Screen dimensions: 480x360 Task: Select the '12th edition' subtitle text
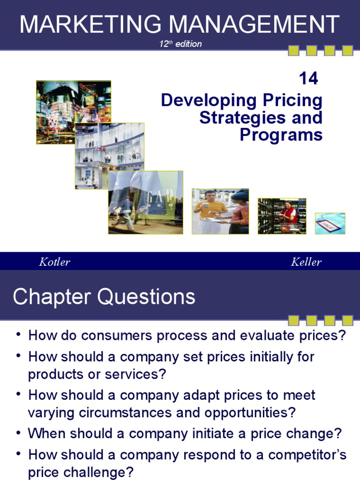pyautogui.click(x=180, y=44)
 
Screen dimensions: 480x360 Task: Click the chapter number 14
pyautogui.click(x=308, y=79)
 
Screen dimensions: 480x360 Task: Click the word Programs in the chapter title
pyautogui.click(x=281, y=135)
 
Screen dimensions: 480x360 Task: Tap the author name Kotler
pyautogui.click(x=54, y=262)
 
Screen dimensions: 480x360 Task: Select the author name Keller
pyautogui.click(x=306, y=262)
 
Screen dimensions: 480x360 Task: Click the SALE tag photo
pyautogui.click(x=330, y=223)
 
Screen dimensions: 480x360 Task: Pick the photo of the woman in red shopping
pyautogui.click(x=282, y=216)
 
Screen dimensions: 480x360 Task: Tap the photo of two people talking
pyautogui.click(x=220, y=211)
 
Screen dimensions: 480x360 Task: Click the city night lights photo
pyautogui.click(x=74, y=112)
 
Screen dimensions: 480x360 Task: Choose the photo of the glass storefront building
pyautogui.click(x=110, y=156)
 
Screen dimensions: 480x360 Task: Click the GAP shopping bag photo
pyautogui.click(x=145, y=202)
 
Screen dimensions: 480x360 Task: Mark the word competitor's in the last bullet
pyautogui.click(x=306, y=455)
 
